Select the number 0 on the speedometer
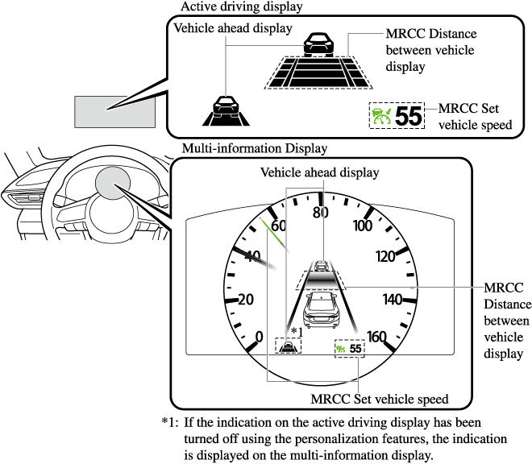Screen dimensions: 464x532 pos(259,335)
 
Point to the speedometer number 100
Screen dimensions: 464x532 pos(363,226)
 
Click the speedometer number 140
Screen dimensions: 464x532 pos(393,300)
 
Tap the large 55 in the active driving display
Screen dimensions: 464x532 pos(409,116)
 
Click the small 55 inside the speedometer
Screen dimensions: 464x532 pos(356,349)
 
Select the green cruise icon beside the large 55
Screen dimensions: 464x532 pos(380,116)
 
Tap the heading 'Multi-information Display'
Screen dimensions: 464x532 pos(255,148)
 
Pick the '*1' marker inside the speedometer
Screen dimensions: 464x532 pos(295,331)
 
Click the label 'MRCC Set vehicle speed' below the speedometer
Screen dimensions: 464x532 pos(379,399)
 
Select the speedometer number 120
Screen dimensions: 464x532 pos(388,257)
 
